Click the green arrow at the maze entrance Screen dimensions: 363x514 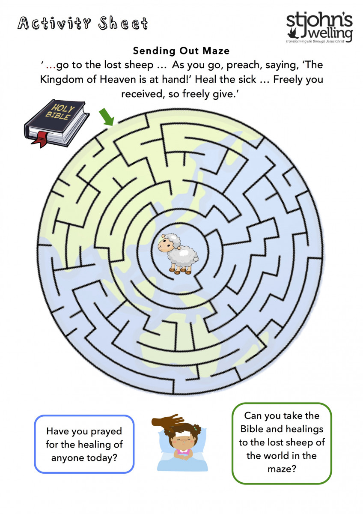[x=107, y=117]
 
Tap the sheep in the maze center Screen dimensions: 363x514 [x=178, y=254]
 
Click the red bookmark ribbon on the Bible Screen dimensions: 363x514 [x=40, y=139]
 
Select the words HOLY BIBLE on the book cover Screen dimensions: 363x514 [x=60, y=112]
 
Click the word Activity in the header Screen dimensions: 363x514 [x=54, y=24]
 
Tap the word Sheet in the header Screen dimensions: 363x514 [x=123, y=24]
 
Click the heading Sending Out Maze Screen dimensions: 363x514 [x=181, y=51]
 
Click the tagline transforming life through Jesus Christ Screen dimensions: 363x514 [x=315, y=41]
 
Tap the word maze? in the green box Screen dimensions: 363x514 [x=282, y=469]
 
